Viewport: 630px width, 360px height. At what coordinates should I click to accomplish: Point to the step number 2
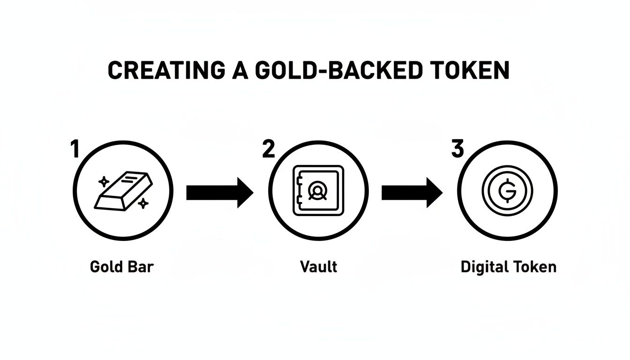(x=268, y=150)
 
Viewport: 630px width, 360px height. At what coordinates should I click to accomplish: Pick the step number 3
(x=457, y=150)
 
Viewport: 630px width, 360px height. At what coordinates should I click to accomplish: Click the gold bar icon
(x=124, y=191)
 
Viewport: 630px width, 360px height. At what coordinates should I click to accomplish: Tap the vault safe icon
(x=318, y=190)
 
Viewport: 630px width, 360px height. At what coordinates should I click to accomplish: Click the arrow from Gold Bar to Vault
(x=219, y=192)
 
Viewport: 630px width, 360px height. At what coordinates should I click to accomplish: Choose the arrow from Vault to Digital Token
(x=412, y=192)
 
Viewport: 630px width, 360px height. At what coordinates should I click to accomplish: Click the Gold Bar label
(x=122, y=267)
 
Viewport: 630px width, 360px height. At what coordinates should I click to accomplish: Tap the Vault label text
(x=318, y=267)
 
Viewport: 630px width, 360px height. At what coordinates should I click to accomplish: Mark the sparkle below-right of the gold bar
(x=143, y=203)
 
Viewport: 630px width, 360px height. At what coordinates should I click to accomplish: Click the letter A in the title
(x=240, y=70)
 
